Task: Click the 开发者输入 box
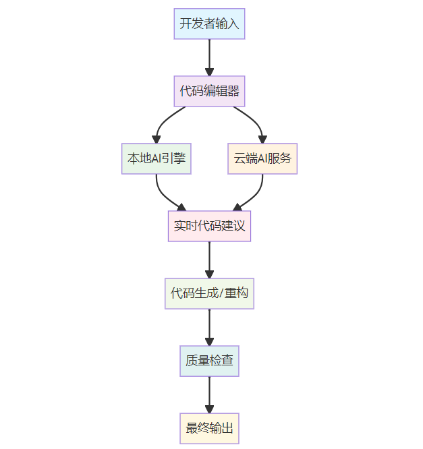coord(209,24)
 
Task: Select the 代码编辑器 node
coord(209,91)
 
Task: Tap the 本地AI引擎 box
coord(157,158)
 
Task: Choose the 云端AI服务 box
coord(262,158)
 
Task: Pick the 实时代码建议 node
coord(209,226)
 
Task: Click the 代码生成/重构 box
coord(209,293)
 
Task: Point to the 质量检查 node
coord(209,361)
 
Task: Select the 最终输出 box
coord(209,428)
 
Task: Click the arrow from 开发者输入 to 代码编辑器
coord(209,57)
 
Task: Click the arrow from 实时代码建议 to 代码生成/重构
coord(209,260)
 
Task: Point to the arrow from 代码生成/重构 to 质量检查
coord(209,327)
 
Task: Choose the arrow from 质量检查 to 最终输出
coord(209,394)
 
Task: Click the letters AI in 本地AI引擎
coord(157,158)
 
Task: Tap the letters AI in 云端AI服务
coord(262,158)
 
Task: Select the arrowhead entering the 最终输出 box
coord(209,408)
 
